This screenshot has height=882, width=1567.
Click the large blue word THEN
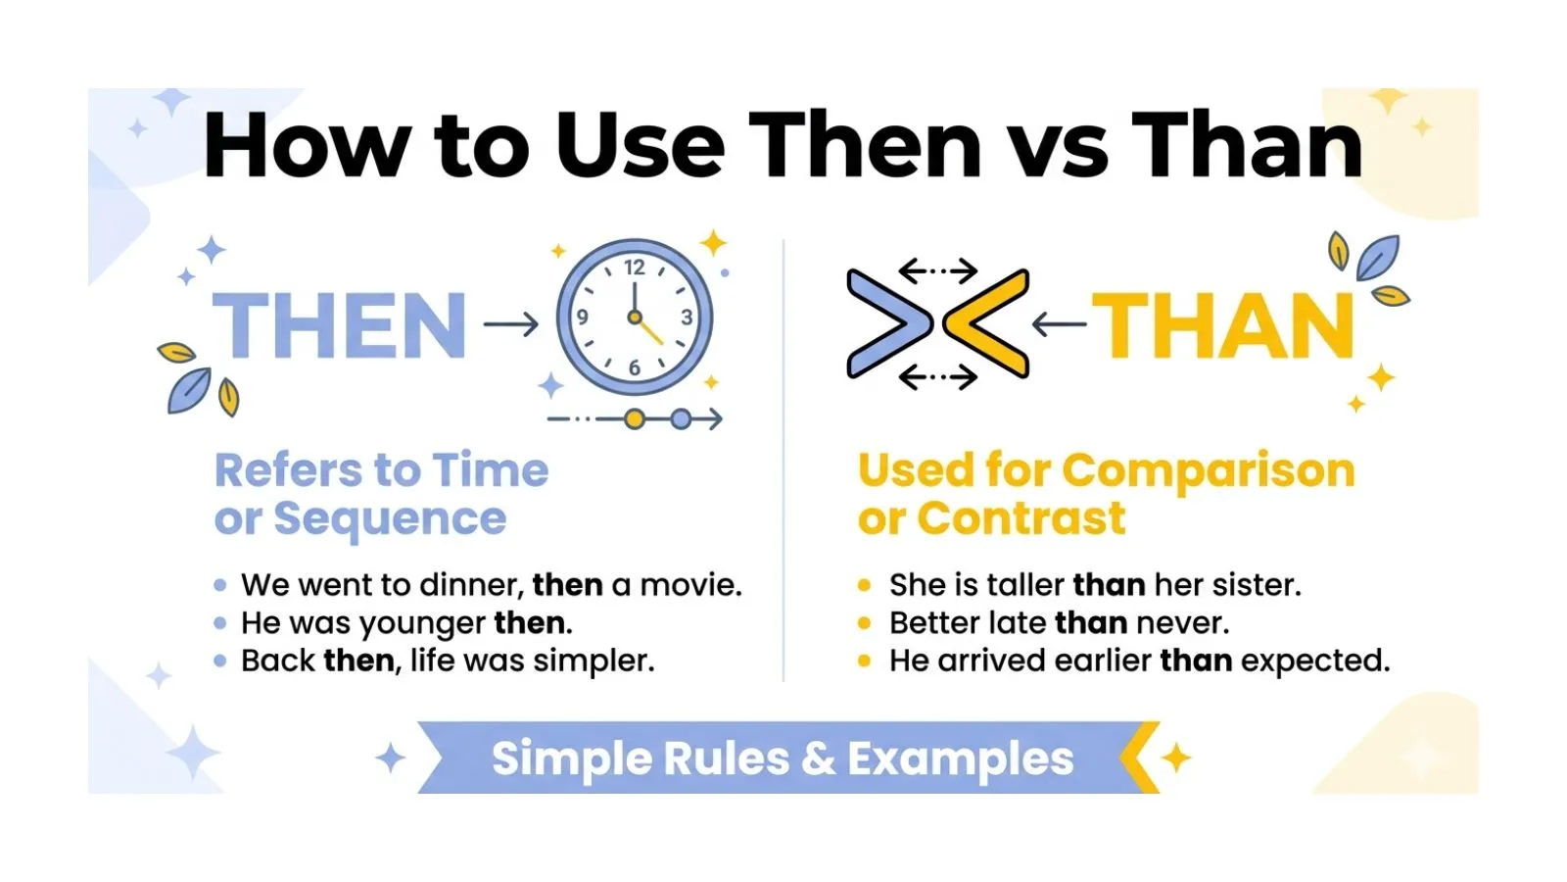click(x=339, y=325)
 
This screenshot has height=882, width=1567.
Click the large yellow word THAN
click(x=1223, y=325)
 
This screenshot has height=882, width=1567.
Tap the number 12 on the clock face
click(x=635, y=268)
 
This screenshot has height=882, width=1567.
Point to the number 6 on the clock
click(x=635, y=367)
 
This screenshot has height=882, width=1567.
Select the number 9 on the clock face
click(x=583, y=318)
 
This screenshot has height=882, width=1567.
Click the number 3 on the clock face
click(x=687, y=318)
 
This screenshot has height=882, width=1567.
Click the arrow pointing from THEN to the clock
click(x=511, y=324)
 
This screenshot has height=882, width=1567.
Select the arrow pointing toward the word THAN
click(x=1059, y=323)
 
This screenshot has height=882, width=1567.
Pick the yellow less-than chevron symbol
click(x=986, y=323)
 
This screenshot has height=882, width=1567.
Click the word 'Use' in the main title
click(x=640, y=147)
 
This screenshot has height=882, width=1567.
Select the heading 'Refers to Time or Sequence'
click(x=381, y=494)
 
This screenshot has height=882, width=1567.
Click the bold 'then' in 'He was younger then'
click(x=531, y=623)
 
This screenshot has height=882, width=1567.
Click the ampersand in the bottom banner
click(x=818, y=759)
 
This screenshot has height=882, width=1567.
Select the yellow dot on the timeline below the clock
click(x=635, y=419)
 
